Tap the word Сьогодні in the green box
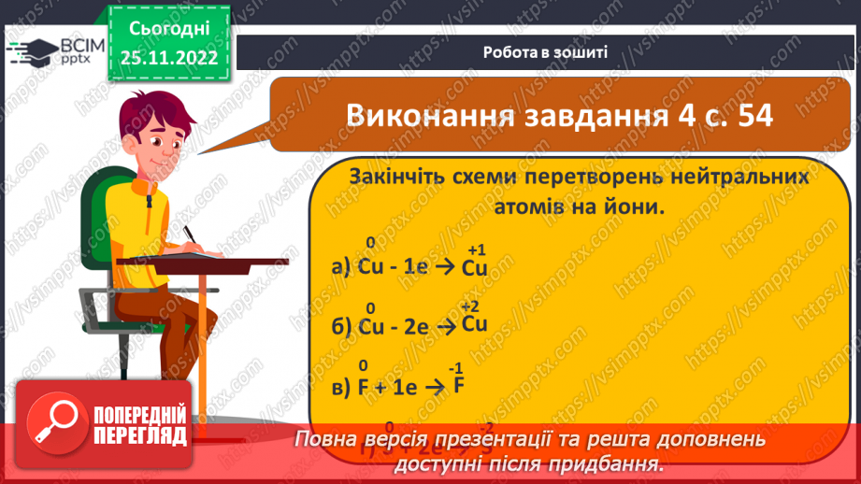point(169,29)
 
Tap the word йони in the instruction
point(636,207)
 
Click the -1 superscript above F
point(457,366)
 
